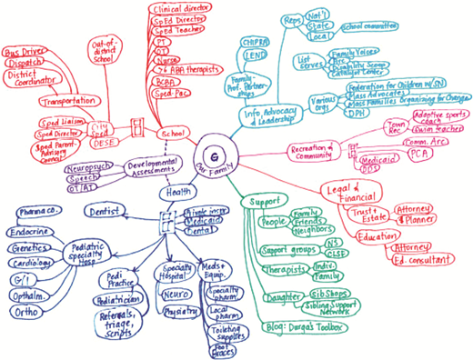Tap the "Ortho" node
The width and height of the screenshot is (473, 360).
point(27,312)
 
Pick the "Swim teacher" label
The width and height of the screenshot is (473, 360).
point(440,128)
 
